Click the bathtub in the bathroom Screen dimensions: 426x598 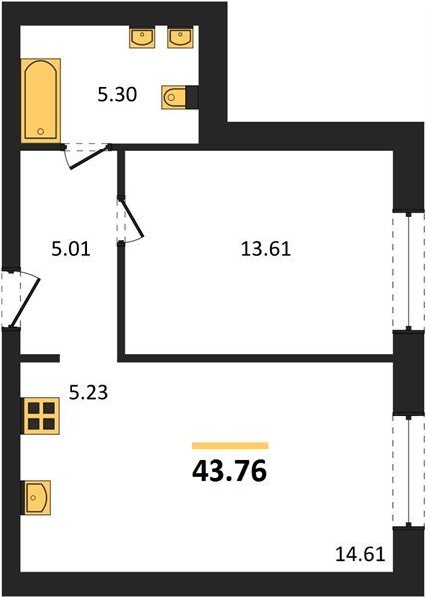41,100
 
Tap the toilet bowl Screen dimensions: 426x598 174,97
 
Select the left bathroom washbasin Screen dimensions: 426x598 142,38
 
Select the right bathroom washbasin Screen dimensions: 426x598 179,38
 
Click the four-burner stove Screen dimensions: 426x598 41,416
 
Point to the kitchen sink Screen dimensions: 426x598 37,498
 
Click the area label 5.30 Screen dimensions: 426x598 117,95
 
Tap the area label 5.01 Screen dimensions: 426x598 70,250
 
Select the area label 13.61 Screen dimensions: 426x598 266,250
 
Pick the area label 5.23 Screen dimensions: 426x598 88,392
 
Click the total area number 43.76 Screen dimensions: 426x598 229,472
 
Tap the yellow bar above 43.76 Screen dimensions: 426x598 230,446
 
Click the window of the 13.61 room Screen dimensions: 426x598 409,271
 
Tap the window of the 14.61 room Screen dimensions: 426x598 409,471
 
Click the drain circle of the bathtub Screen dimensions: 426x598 41,131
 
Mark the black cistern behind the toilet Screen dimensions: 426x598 192,96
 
